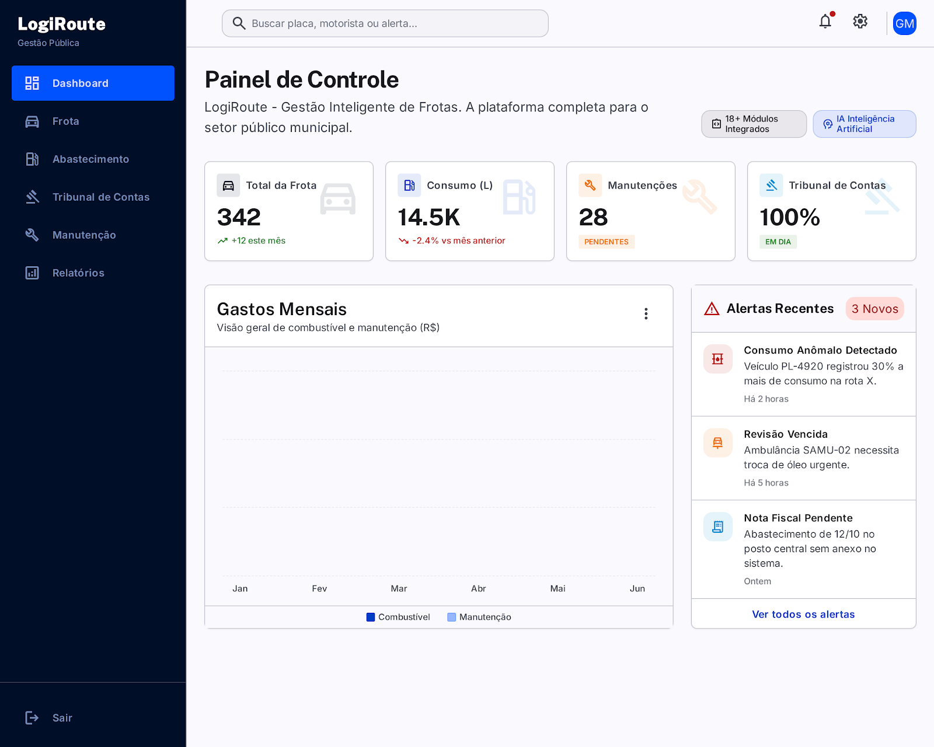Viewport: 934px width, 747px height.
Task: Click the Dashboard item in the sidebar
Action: point(93,83)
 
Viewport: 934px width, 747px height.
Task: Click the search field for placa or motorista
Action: point(385,23)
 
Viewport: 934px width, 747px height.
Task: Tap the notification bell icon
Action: point(825,21)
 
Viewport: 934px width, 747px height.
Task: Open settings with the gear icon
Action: point(860,21)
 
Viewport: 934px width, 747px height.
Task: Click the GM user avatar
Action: point(904,23)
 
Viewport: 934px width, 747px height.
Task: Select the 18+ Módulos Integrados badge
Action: point(754,124)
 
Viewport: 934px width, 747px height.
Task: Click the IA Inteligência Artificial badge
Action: point(865,124)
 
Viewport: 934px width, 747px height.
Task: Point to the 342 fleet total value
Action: point(239,217)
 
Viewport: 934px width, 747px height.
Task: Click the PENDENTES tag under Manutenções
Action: point(607,242)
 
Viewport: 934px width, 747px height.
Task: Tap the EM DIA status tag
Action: point(778,242)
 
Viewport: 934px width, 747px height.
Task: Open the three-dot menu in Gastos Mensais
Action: point(646,313)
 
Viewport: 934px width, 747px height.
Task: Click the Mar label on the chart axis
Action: point(399,589)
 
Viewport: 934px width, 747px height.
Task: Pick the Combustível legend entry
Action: point(398,617)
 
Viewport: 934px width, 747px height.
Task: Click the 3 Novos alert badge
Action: point(874,309)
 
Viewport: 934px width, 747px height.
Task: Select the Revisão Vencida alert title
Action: point(786,434)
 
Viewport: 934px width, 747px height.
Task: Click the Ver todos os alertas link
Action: point(803,614)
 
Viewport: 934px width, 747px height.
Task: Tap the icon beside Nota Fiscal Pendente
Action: point(717,526)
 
